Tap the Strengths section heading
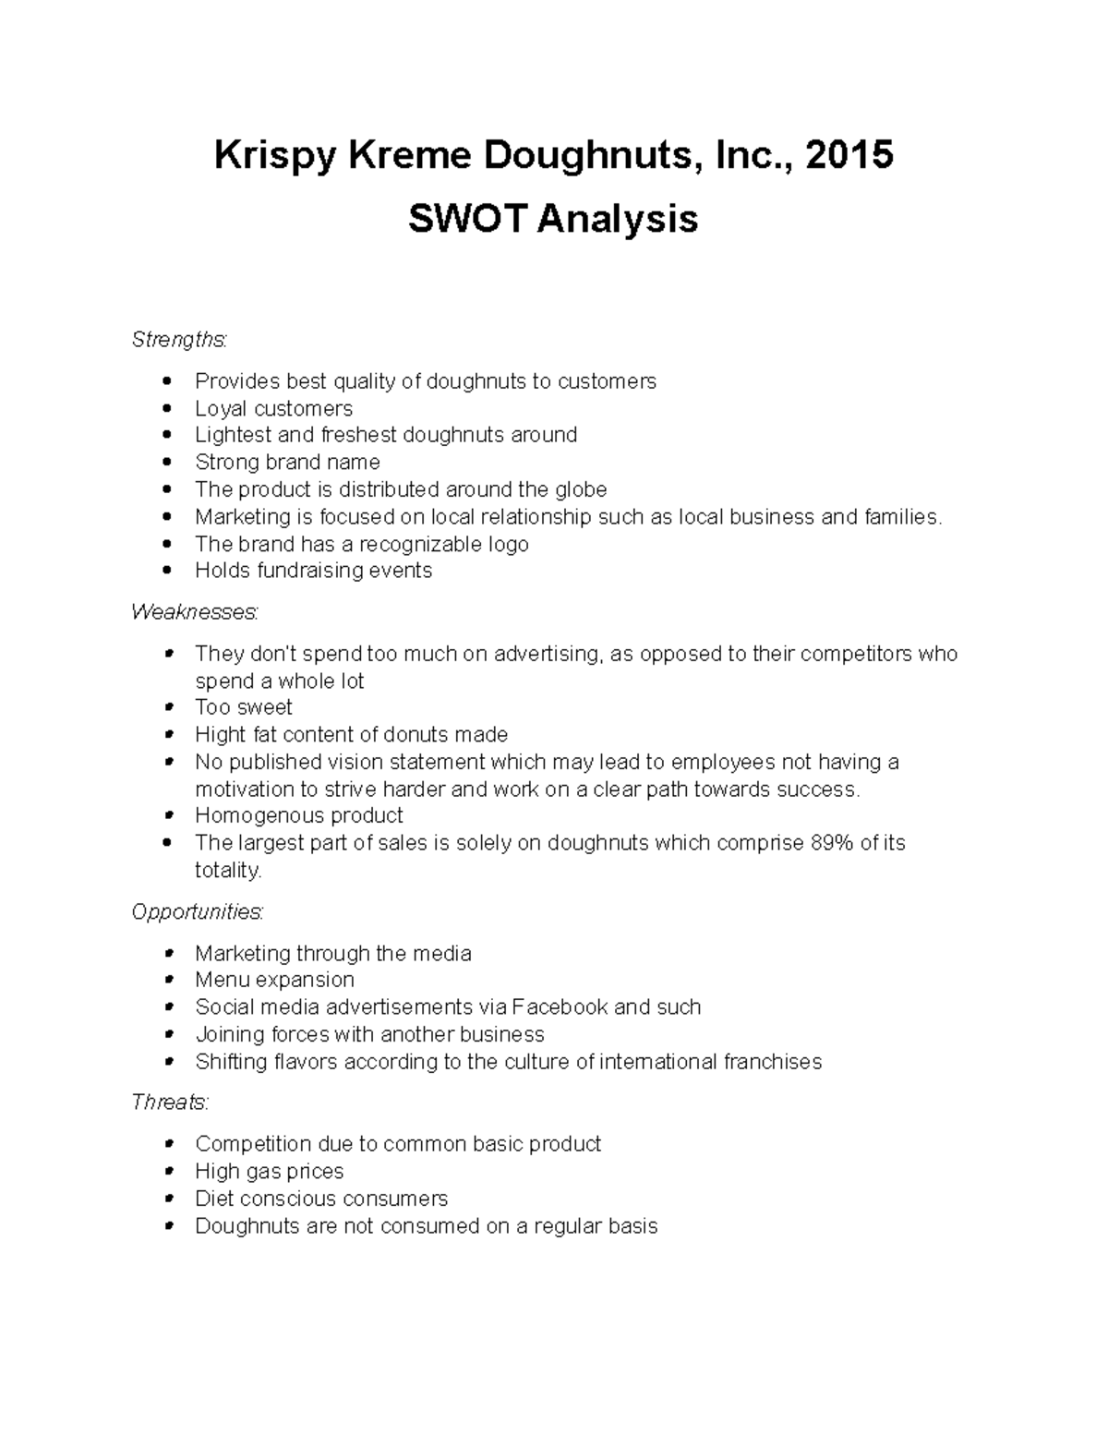pos(178,340)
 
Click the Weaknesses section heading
pos(194,612)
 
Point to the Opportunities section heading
pos(197,912)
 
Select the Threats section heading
pos(170,1103)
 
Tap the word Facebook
pos(560,1007)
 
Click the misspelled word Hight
pos(220,735)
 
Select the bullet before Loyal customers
pos(166,408)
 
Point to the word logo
pos(507,545)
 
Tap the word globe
pos(581,489)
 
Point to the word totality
pos(228,871)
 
